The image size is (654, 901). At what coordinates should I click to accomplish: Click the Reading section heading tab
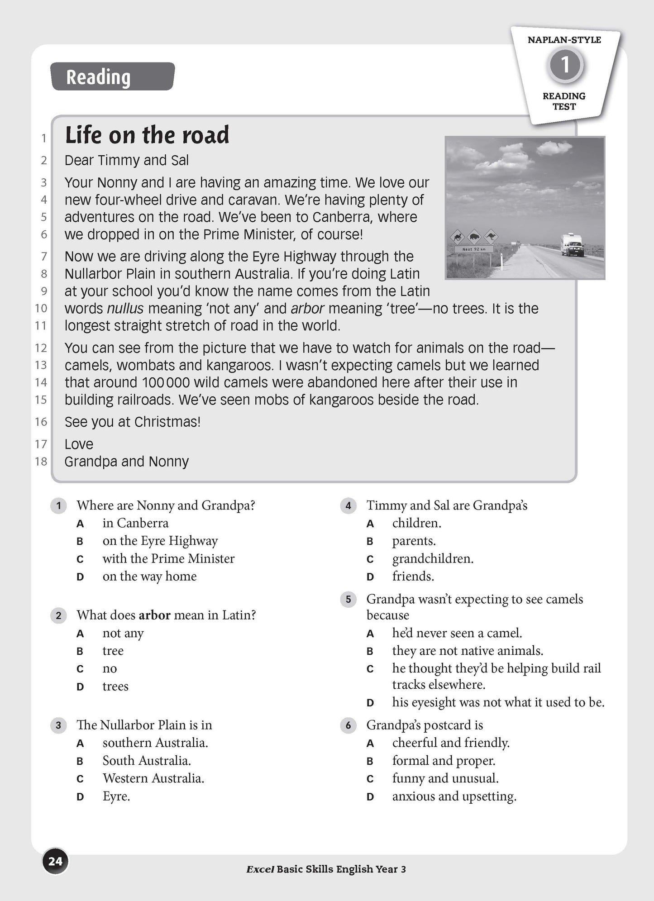pyautogui.click(x=112, y=76)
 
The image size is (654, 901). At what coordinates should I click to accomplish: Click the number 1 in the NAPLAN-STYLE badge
pyautogui.click(x=565, y=65)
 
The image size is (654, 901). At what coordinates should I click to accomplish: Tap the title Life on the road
pyautogui.click(x=147, y=135)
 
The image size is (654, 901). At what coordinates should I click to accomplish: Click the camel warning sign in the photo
pyautogui.click(x=458, y=236)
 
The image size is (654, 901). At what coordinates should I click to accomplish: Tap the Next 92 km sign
pyautogui.click(x=473, y=249)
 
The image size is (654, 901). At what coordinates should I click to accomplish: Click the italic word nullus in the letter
pyautogui.click(x=125, y=309)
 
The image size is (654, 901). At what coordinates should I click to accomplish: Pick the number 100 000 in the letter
pyautogui.click(x=166, y=383)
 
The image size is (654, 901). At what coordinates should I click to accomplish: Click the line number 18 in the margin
pyautogui.click(x=41, y=462)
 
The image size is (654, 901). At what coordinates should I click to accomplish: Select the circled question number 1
pyautogui.click(x=58, y=505)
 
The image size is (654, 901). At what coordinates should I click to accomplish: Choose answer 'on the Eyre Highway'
pyautogui.click(x=160, y=541)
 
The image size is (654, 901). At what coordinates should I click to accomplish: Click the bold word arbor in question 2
pyautogui.click(x=154, y=615)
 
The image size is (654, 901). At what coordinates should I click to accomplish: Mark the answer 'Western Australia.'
pyautogui.click(x=153, y=778)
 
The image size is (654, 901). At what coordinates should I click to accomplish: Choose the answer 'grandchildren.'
pyautogui.click(x=433, y=559)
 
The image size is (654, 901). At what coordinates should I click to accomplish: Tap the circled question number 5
pyautogui.click(x=348, y=600)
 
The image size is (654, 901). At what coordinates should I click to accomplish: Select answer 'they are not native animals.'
pyautogui.click(x=468, y=651)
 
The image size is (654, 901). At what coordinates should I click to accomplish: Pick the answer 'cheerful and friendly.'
pyautogui.click(x=451, y=743)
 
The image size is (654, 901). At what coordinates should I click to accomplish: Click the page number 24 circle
pyautogui.click(x=55, y=861)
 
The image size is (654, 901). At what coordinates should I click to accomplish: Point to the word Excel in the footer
pyautogui.click(x=260, y=869)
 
